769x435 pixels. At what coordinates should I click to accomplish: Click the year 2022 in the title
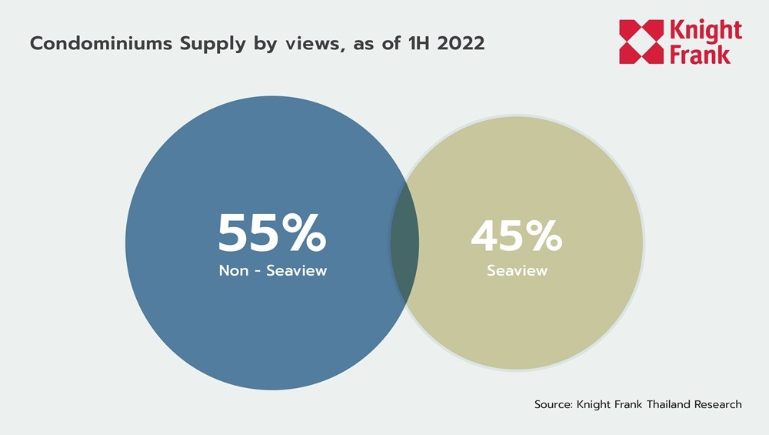click(461, 43)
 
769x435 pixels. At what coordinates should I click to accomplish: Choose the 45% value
click(517, 236)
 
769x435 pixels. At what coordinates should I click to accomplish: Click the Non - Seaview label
click(273, 271)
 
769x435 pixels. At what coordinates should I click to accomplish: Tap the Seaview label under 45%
click(517, 271)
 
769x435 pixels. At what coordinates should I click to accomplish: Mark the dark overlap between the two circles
click(404, 242)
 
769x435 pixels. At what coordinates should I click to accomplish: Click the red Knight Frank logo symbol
click(641, 42)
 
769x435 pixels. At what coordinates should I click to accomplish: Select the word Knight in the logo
click(707, 31)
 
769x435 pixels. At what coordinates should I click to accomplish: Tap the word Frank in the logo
click(701, 54)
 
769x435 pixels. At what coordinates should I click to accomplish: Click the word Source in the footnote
click(552, 404)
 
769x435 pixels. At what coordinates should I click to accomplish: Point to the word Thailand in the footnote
click(664, 404)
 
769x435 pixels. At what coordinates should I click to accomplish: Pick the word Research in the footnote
click(717, 404)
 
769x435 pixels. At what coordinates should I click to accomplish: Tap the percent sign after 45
click(541, 236)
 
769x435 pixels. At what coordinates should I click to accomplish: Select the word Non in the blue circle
click(233, 271)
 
